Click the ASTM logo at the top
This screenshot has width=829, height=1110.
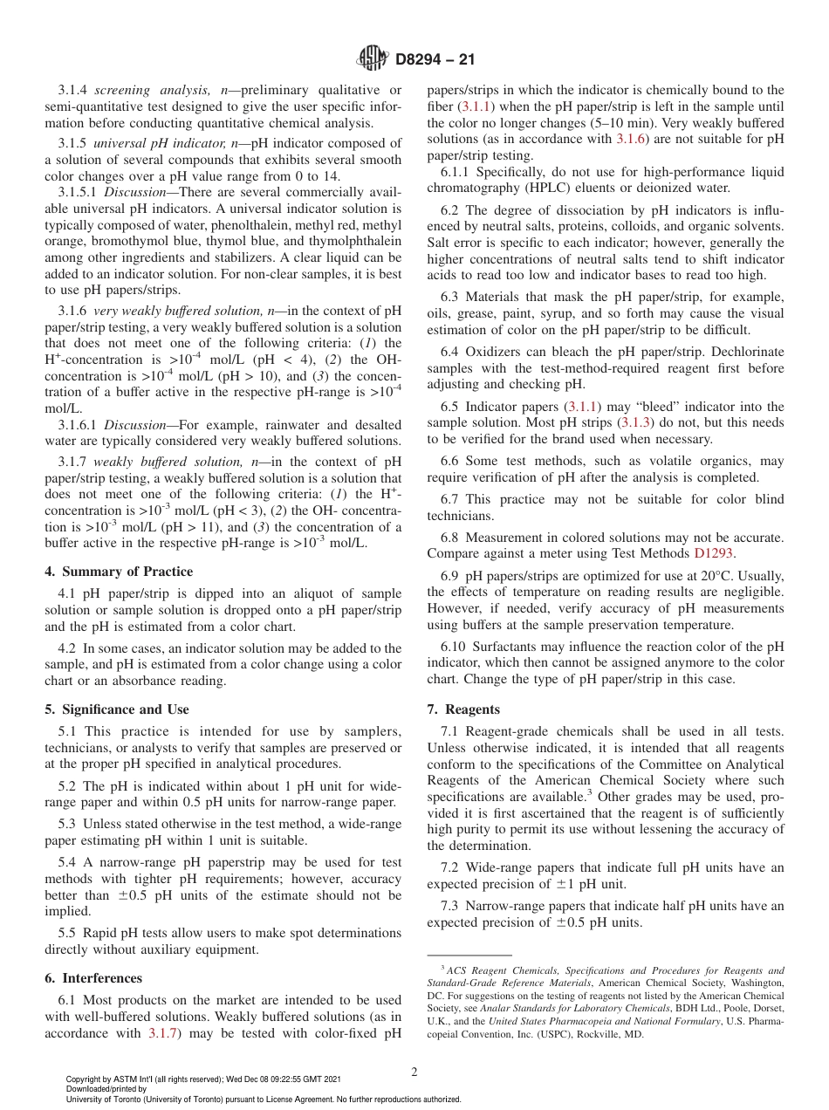click(373, 59)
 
